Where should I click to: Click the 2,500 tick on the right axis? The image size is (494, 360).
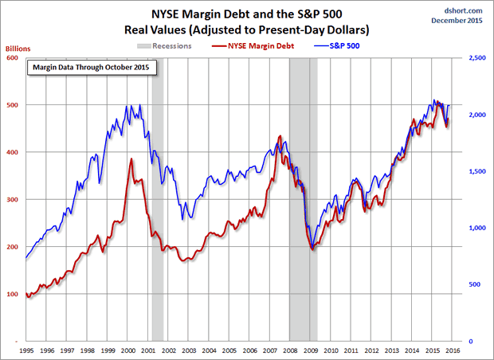475,57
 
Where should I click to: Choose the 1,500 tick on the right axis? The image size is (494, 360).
475,171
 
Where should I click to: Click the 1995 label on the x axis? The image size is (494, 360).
27,350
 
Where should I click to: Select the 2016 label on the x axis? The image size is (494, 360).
450,350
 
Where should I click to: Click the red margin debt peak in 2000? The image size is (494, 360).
131,160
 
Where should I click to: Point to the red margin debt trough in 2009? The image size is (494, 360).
312,250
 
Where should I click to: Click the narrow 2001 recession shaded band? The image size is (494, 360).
158,199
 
